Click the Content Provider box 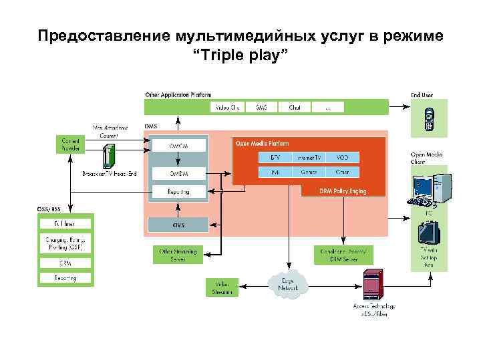coord(70,144)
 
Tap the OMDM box coord(178,174)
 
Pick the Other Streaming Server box coord(178,254)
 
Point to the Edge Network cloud coord(289,285)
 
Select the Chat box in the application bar coord(295,106)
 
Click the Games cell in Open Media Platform coord(309,172)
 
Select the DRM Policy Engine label coord(343,191)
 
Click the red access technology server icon coord(371,283)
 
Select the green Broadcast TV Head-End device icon coord(108,157)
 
